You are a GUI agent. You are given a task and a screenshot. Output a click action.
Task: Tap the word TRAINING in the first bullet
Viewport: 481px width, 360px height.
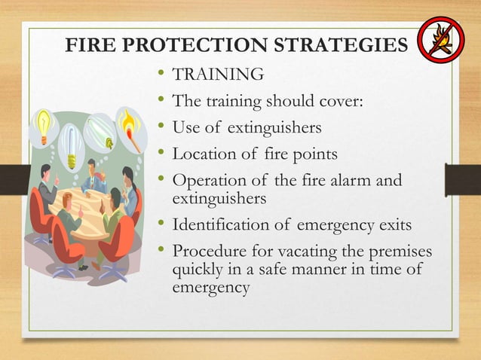[x=219, y=75]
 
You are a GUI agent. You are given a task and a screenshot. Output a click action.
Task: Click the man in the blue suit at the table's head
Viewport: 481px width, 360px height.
[x=95, y=175]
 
